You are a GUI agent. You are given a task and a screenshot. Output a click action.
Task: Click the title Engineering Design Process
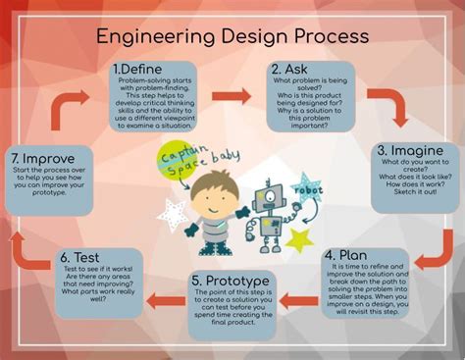232,36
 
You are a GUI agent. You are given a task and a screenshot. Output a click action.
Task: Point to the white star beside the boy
174,213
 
